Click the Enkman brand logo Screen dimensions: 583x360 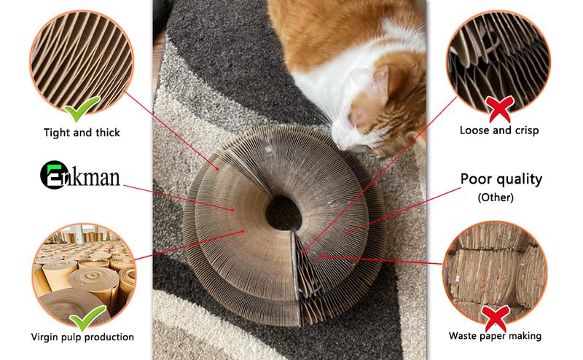[x=80, y=175]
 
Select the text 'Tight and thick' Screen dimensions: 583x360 [x=82, y=133]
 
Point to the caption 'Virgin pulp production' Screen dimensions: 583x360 [x=82, y=337]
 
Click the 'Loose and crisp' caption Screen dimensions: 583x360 [x=499, y=130]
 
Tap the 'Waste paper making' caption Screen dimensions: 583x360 [x=495, y=336]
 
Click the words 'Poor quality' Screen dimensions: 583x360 [x=501, y=179]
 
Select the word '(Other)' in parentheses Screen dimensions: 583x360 [x=496, y=197]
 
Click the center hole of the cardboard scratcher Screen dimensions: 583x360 [x=283, y=213]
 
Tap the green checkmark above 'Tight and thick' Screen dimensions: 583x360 [x=82, y=109]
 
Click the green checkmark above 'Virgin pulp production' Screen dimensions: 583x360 [x=87, y=317]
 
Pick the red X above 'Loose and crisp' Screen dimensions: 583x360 [x=500, y=109]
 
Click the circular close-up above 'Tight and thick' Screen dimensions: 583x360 [x=82, y=62]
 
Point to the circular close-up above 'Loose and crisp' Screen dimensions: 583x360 [x=498, y=62]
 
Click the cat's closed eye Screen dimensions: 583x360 [x=351, y=118]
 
